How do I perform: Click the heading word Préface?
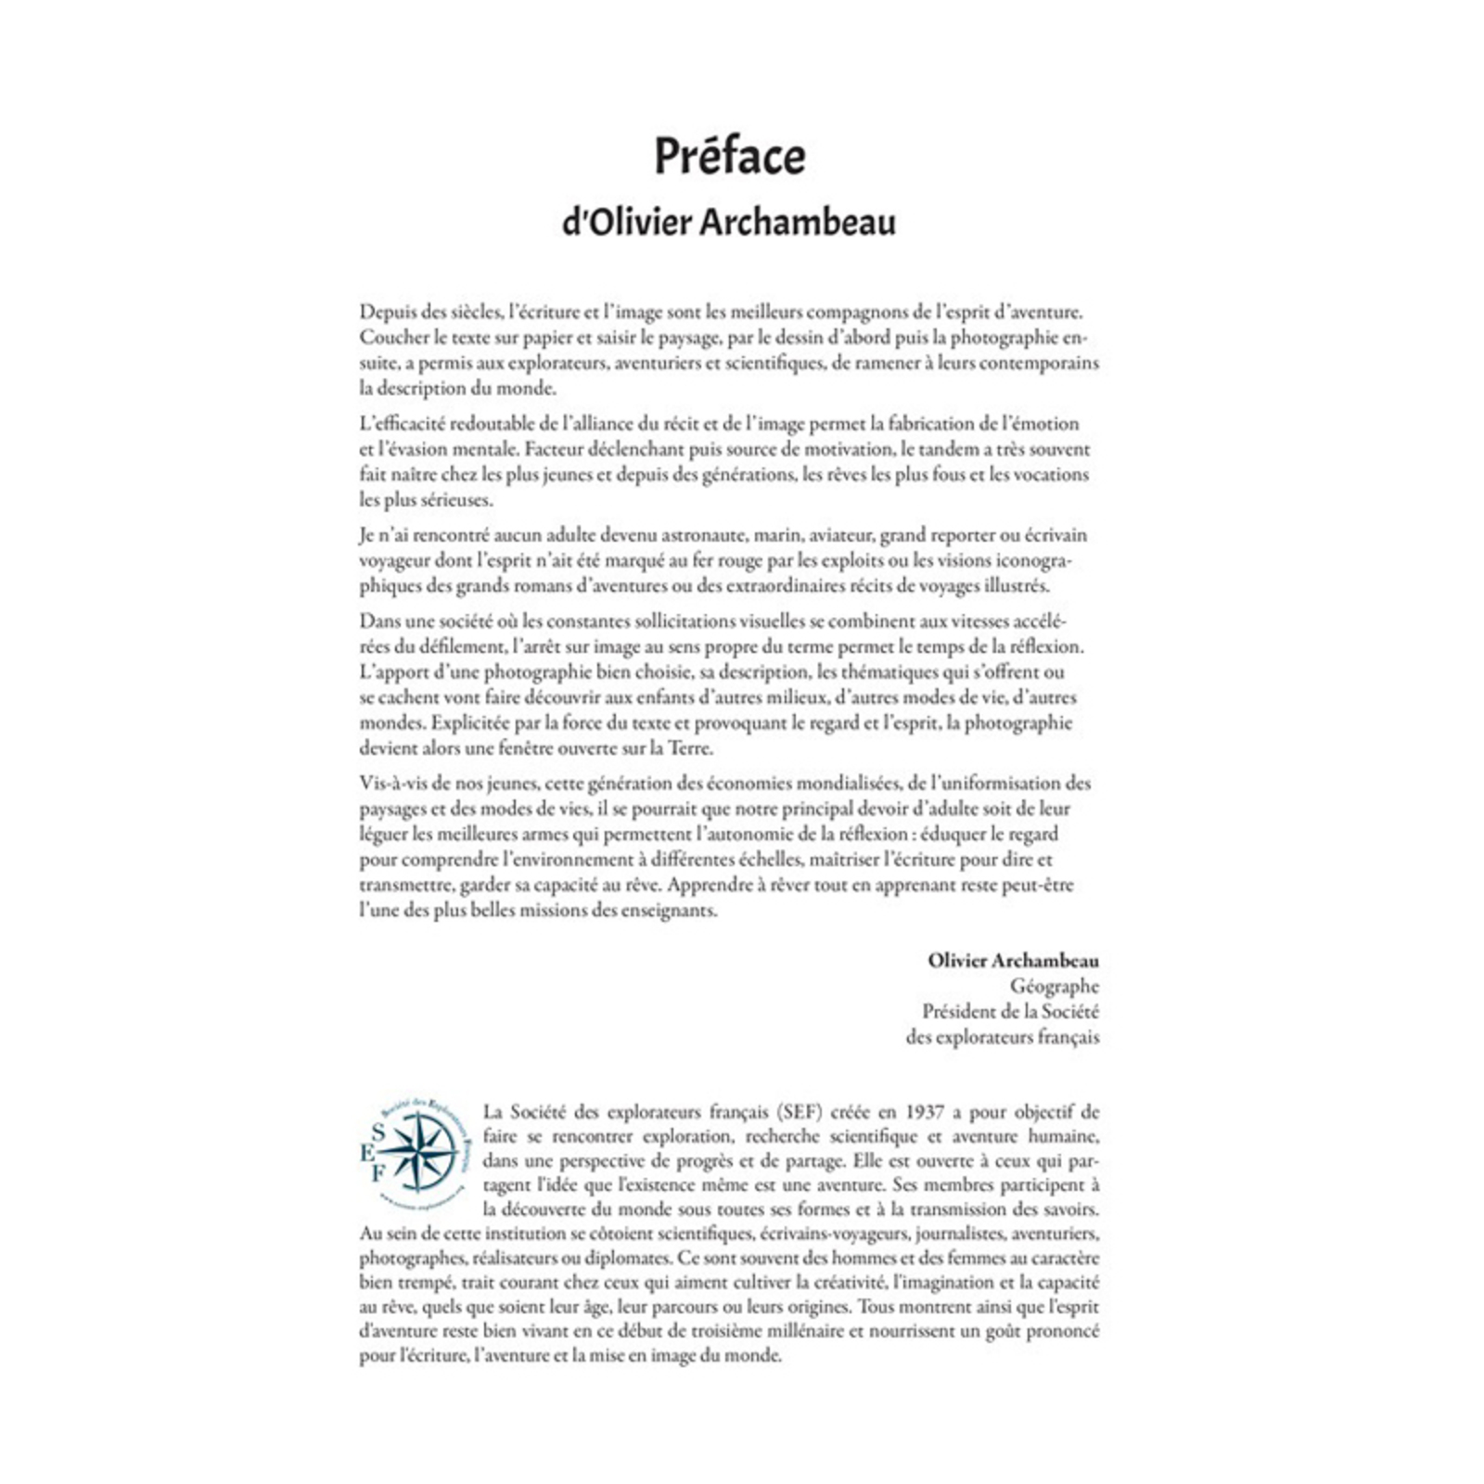(730, 156)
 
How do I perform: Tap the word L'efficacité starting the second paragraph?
(403, 424)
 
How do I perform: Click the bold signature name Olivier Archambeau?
(1013, 961)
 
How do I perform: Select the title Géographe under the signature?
(1054, 987)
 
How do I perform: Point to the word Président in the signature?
(963, 1012)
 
